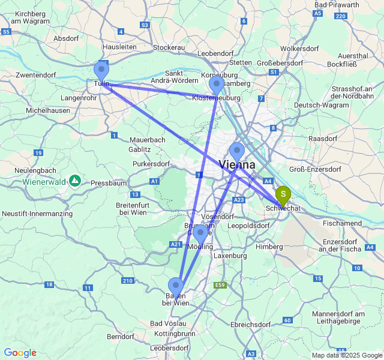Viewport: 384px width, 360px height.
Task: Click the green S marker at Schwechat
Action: (x=283, y=195)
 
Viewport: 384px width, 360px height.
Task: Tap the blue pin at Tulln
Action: (x=102, y=70)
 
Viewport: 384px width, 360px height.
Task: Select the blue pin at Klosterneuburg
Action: (x=217, y=85)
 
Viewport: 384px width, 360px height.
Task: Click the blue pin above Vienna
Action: (x=237, y=151)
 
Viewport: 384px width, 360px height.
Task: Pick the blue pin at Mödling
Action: (x=201, y=232)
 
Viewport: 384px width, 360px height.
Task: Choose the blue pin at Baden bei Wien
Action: (x=176, y=286)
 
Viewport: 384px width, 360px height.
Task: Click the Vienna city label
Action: (x=238, y=164)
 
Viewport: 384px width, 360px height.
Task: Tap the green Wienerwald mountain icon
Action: (x=75, y=180)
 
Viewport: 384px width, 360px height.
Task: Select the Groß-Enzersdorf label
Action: (x=315, y=169)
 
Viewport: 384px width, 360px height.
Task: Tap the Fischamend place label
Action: (x=342, y=223)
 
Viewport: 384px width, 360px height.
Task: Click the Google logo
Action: (x=20, y=353)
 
